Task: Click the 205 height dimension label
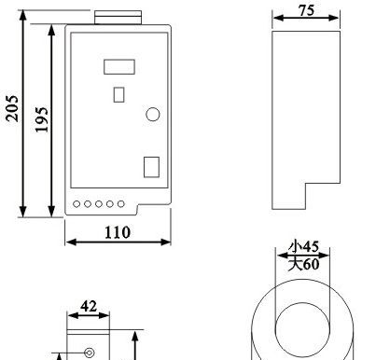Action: coord(12,108)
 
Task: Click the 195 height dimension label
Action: coord(42,119)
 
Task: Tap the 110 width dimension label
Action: coord(117,232)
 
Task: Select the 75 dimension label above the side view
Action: coord(307,10)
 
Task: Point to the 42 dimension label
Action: coord(89,307)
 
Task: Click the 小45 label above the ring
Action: coord(303,246)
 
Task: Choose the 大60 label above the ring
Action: coord(303,265)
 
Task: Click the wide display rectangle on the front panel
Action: coord(119,67)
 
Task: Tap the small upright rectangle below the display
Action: coord(118,95)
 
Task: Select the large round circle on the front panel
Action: coord(153,114)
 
